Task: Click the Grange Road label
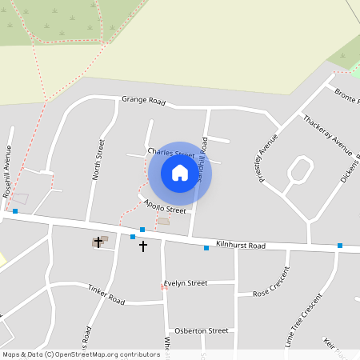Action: click(x=143, y=102)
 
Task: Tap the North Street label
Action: click(x=100, y=158)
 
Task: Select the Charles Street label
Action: click(x=170, y=153)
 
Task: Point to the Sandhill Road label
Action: click(x=203, y=160)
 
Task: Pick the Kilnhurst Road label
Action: click(x=240, y=246)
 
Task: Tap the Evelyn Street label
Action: click(x=186, y=283)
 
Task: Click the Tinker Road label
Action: click(x=106, y=294)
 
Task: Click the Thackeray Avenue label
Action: click(x=327, y=134)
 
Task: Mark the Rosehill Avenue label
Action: click(x=7, y=171)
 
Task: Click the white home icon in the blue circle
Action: click(x=180, y=173)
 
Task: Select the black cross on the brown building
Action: click(x=99, y=241)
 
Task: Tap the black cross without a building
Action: click(x=143, y=246)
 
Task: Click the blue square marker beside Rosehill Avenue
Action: click(x=15, y=211)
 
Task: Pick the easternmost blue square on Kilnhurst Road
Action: click(x=340, y=246)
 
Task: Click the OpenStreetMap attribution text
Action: click(x=81, y=354)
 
